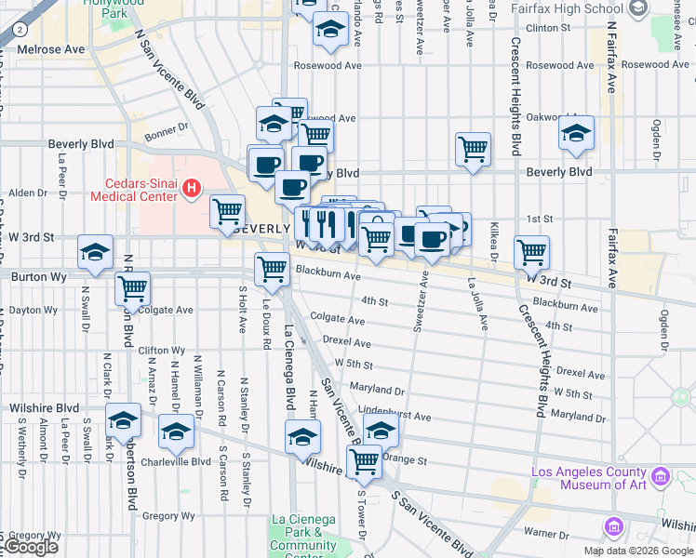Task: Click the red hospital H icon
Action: pos(193,190)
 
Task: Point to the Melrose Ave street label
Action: pos(50,49)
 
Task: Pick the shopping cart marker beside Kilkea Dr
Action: pos(531,251)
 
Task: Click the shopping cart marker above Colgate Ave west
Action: pos(133,288)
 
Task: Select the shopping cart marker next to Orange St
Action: pos(364,460)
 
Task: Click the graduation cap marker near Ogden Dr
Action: pos(577,132)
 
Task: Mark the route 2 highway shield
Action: pos(20,29)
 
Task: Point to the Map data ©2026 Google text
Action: pos(638,551)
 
